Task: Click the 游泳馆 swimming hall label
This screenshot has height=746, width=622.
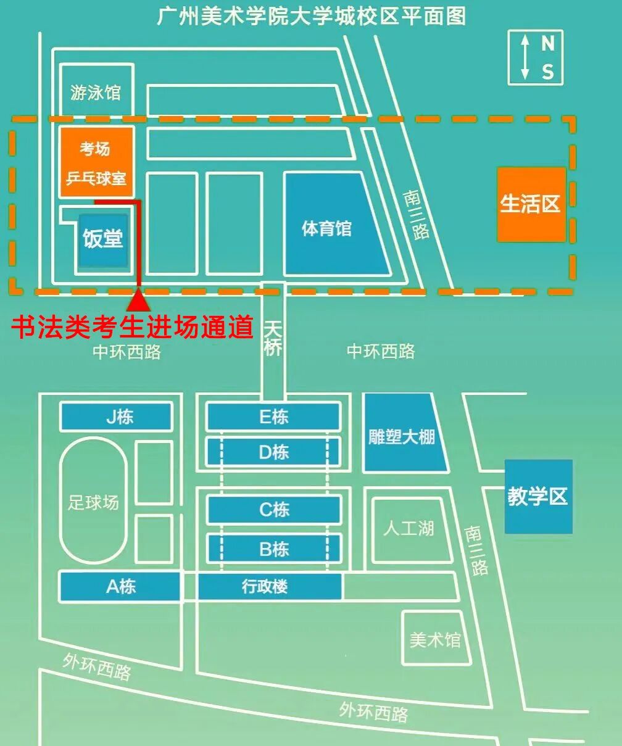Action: point(96,93)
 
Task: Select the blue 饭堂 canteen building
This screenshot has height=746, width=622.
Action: point(103,239)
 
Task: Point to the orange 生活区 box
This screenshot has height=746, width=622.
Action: point(531,204)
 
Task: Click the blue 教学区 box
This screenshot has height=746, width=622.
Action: point(538,496)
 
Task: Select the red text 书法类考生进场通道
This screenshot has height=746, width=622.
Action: point(133,327)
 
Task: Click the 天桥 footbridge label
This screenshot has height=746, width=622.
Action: point(273,338)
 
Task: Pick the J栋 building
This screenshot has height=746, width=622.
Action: point(116,417)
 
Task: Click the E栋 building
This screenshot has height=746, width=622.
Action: point(273,417)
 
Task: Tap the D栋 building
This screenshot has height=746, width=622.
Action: point(273,452)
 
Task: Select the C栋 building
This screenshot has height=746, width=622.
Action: point(273,510)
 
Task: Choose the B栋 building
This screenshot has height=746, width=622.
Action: point(273,549)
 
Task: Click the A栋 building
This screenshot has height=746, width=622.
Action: point(120,586)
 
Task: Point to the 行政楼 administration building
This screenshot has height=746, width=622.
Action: point(269,586)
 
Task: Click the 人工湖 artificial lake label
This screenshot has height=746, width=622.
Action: point(408,528)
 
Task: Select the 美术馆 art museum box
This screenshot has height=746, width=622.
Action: point(435,639)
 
